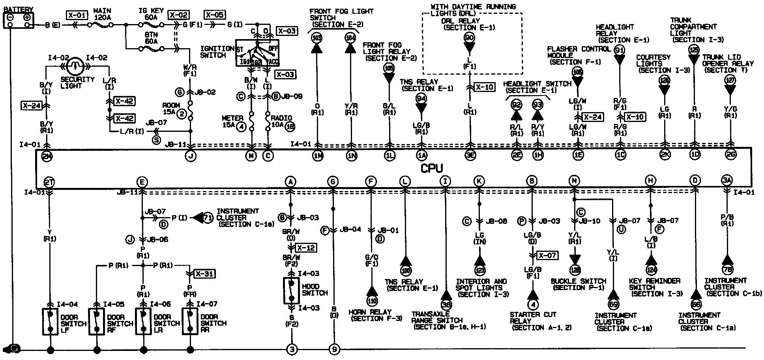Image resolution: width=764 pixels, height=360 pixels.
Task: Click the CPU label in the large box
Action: (x=432, y=169)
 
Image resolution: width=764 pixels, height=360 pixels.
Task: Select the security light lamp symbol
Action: (x=73, y=67)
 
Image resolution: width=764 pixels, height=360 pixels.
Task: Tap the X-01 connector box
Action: (x=76, y=15)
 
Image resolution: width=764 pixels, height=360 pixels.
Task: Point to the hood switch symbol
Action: (x=291, y=291)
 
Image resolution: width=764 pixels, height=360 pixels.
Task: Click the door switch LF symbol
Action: (x=50, y=321)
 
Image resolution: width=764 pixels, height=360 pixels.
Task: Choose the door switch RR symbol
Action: (x=190, y=321)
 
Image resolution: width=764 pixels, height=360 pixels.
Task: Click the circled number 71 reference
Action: (x=208, y=217)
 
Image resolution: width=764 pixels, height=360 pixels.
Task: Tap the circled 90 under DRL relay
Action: (x=470, y=38)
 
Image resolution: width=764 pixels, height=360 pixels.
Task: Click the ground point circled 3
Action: (x=291, y=349)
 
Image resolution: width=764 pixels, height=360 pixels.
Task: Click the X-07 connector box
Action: (x=547, y=255)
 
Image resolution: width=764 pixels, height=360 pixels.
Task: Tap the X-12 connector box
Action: (x=306, y=248)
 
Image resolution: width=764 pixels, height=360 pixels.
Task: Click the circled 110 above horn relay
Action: (x=371, y=300)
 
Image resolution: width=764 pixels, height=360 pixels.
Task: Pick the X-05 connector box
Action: (x=215, y=15)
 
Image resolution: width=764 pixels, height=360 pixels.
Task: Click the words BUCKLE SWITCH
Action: (x=578, y=281)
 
